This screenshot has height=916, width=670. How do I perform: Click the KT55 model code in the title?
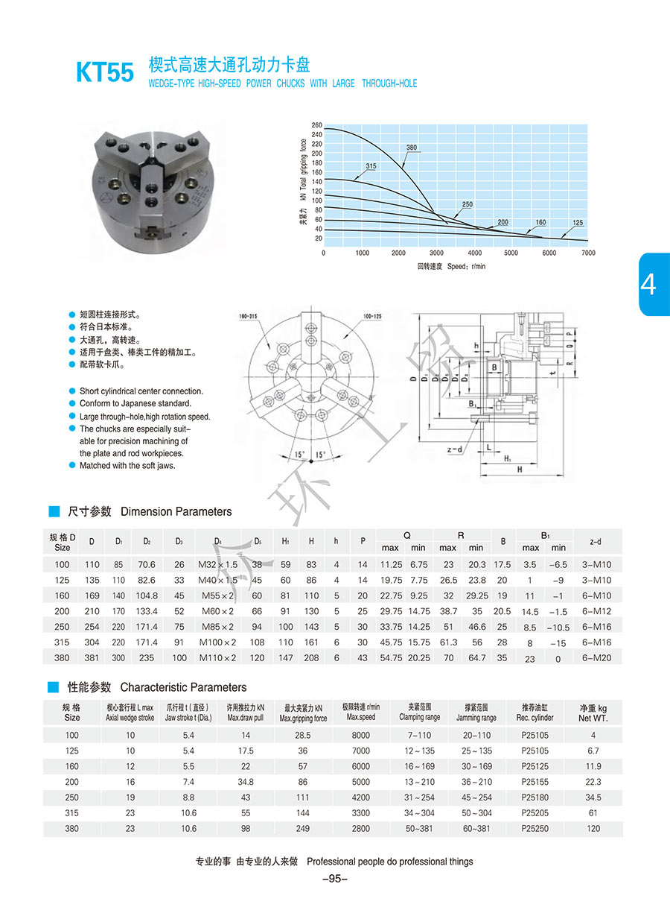(105, 72)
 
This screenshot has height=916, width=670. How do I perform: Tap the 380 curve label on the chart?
(412, 147)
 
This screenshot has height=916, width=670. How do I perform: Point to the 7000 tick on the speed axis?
(588, 253)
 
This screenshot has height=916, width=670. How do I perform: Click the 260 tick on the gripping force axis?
(317, 124)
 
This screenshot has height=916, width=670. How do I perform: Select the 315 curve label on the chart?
(371, 165)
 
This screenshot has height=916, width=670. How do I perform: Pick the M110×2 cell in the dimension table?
(216, 658)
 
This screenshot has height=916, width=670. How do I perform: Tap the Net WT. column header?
(593, 713)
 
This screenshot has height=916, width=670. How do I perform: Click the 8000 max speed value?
(361, 735)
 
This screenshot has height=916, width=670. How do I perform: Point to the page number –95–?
(334, 879)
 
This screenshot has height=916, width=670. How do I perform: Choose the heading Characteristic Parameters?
(183, 687)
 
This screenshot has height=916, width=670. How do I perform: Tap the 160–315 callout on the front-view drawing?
(248, 316)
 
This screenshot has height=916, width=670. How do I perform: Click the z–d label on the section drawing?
(455, 449)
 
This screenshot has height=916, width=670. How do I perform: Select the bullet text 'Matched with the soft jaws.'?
(127, 466)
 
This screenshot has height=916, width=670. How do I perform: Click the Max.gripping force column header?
(303, 713)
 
